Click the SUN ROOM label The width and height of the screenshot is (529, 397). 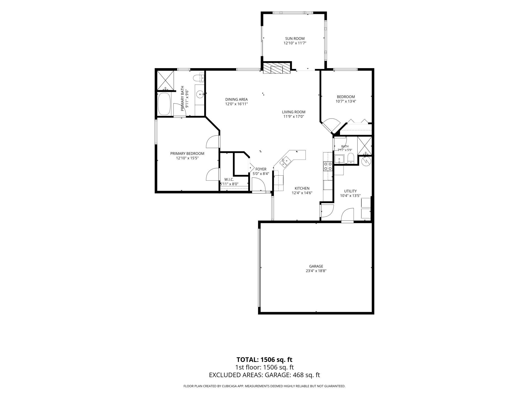[x=295, y=39]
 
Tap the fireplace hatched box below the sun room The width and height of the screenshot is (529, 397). [x=276, y=68]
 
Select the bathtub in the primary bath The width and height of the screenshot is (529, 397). [x=164, y=104]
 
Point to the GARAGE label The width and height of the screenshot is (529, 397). [x=316, y=266]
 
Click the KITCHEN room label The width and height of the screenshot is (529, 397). [x=302, y=188]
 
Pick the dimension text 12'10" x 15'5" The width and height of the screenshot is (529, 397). [x=187, y=158]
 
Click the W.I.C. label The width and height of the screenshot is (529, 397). [x=229, y=179]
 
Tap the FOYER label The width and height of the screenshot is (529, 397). [x=261, y=169]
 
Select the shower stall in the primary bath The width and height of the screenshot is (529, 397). [x=166, y=80]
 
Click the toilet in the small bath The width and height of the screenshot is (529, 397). [x=350, y=158]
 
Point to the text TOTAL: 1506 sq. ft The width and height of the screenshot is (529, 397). [x=264, y=360]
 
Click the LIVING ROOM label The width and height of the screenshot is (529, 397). [x=293, y=112]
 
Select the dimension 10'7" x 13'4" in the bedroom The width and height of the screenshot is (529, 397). [x=346, y=101]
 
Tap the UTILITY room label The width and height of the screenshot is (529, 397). [x=350, y=191]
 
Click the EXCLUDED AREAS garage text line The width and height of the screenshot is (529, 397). [x=264, y=375]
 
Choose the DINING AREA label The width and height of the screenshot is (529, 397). [x=236, y=100]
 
